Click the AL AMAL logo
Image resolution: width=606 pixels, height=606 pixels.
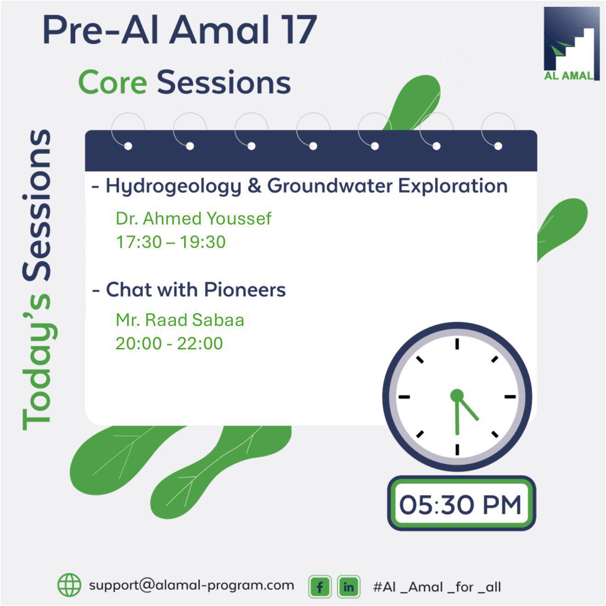pyautogui.click(x=572, y=44)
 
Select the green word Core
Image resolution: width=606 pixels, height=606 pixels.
pyautogui.click(x=112, y=82)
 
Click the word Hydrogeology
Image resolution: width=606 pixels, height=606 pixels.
pyautogui.click(x=174, y=186)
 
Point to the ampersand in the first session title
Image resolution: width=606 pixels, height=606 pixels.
pyautogui.click(x=254, y=185)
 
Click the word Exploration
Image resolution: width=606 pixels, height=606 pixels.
pyautogui.click(x=453, y=185)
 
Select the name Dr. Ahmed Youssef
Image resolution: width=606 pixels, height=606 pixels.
pyautogui.click(x=193, y=218)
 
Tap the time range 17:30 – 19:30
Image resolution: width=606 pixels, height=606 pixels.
pyautogui.click(x=171, y=242)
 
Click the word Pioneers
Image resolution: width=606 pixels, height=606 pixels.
pyautogui.click(x=245, y=289)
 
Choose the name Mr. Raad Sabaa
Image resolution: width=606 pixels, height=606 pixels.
pyautogui.click(x=180, y=320)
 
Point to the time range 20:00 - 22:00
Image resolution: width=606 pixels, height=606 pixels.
pyautogui.click(x=169, y=343)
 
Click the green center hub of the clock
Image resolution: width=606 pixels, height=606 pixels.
pyautogui.click(x=457, y=395)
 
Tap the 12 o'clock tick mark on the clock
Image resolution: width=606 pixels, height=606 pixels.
pyautogui.click(x=457, y=344)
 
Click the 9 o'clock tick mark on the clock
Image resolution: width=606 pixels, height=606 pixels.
pyautogui.click(x=404, y=397)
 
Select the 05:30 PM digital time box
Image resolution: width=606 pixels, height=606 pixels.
pyautogui.click(x=461, y=504)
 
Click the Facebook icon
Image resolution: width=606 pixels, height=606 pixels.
pyautogui.click(x=320, y=587)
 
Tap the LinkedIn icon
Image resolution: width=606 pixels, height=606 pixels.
pyautogui.click(x=348, y=587)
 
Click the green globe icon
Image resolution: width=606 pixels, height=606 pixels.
pyautogui.click(x=69, y=585)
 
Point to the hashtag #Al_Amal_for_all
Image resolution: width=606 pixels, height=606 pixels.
pyautogui.click(x=437, y=587)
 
